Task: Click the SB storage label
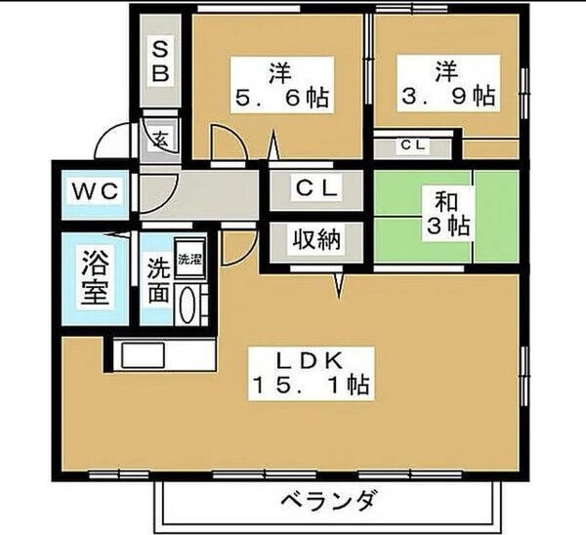[x=160, y=61]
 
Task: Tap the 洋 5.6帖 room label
[x=282, y=85]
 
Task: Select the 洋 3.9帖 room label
[x=448, y=83]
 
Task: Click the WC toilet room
[x=96, y=194]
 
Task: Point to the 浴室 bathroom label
[x=96, y=277]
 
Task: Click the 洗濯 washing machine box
[x=190, y=259]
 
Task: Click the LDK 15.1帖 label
[x=312, y=374]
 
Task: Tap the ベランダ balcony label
[x=327, y=500]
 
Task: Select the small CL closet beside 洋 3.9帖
[x=413, y=145]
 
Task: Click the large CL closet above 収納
[x=316, y=189]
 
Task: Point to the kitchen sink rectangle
[x=144, y=355]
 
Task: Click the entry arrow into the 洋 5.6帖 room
[x=273, y=146]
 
